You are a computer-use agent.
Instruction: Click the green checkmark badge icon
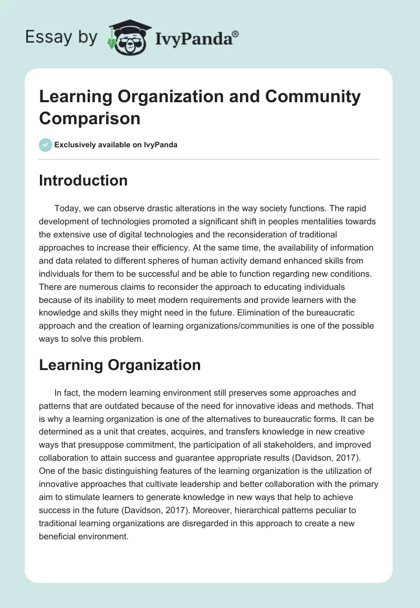coord(46,145)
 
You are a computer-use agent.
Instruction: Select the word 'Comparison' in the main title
coord(90,118)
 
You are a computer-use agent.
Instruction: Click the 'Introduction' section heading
coord(83,180)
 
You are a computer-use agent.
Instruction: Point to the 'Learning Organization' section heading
coord(120,365)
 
